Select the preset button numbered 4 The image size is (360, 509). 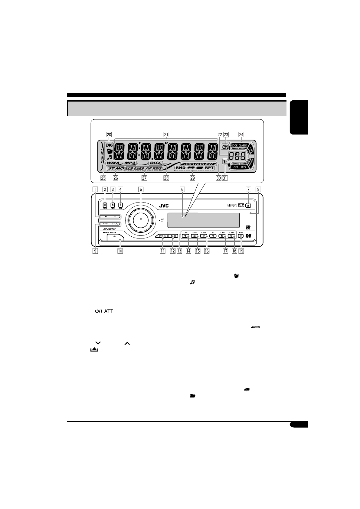click(213, 236)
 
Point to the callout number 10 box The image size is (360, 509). click(120, 251)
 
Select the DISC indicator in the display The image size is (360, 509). click(155, 163)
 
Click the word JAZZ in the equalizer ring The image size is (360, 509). click(244, 167)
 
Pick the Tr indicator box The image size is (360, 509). click(225, 162)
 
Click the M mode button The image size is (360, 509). click(241, 236)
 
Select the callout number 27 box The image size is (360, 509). click(144, 178)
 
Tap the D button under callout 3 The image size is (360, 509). click(113, 205)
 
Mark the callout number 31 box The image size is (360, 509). click(225, 178)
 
